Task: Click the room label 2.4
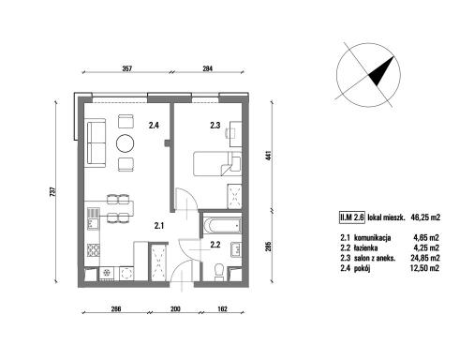154,126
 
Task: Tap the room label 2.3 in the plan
215,126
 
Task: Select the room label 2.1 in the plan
159,226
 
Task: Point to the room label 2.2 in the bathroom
215,245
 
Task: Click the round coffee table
126,143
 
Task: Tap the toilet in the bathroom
219,271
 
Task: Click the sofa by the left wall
96,143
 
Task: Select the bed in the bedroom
217,164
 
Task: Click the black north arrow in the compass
381,71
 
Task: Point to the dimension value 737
52,191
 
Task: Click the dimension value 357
126,68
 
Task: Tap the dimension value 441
269,156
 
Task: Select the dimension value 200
176,309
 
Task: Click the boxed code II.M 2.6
352,217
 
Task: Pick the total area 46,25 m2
425,217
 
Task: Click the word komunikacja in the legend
372,238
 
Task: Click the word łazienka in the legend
365,248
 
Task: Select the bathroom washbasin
236,249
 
